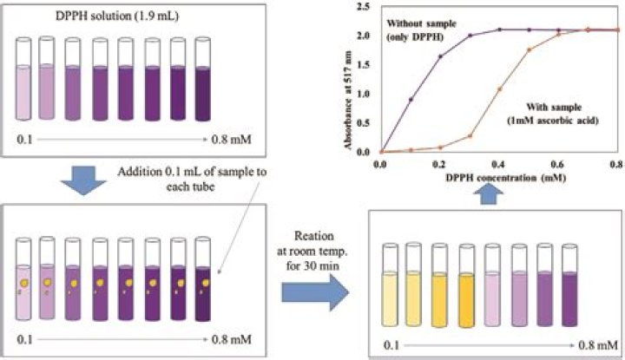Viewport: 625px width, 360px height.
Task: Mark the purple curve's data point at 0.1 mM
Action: coord(411,99)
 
